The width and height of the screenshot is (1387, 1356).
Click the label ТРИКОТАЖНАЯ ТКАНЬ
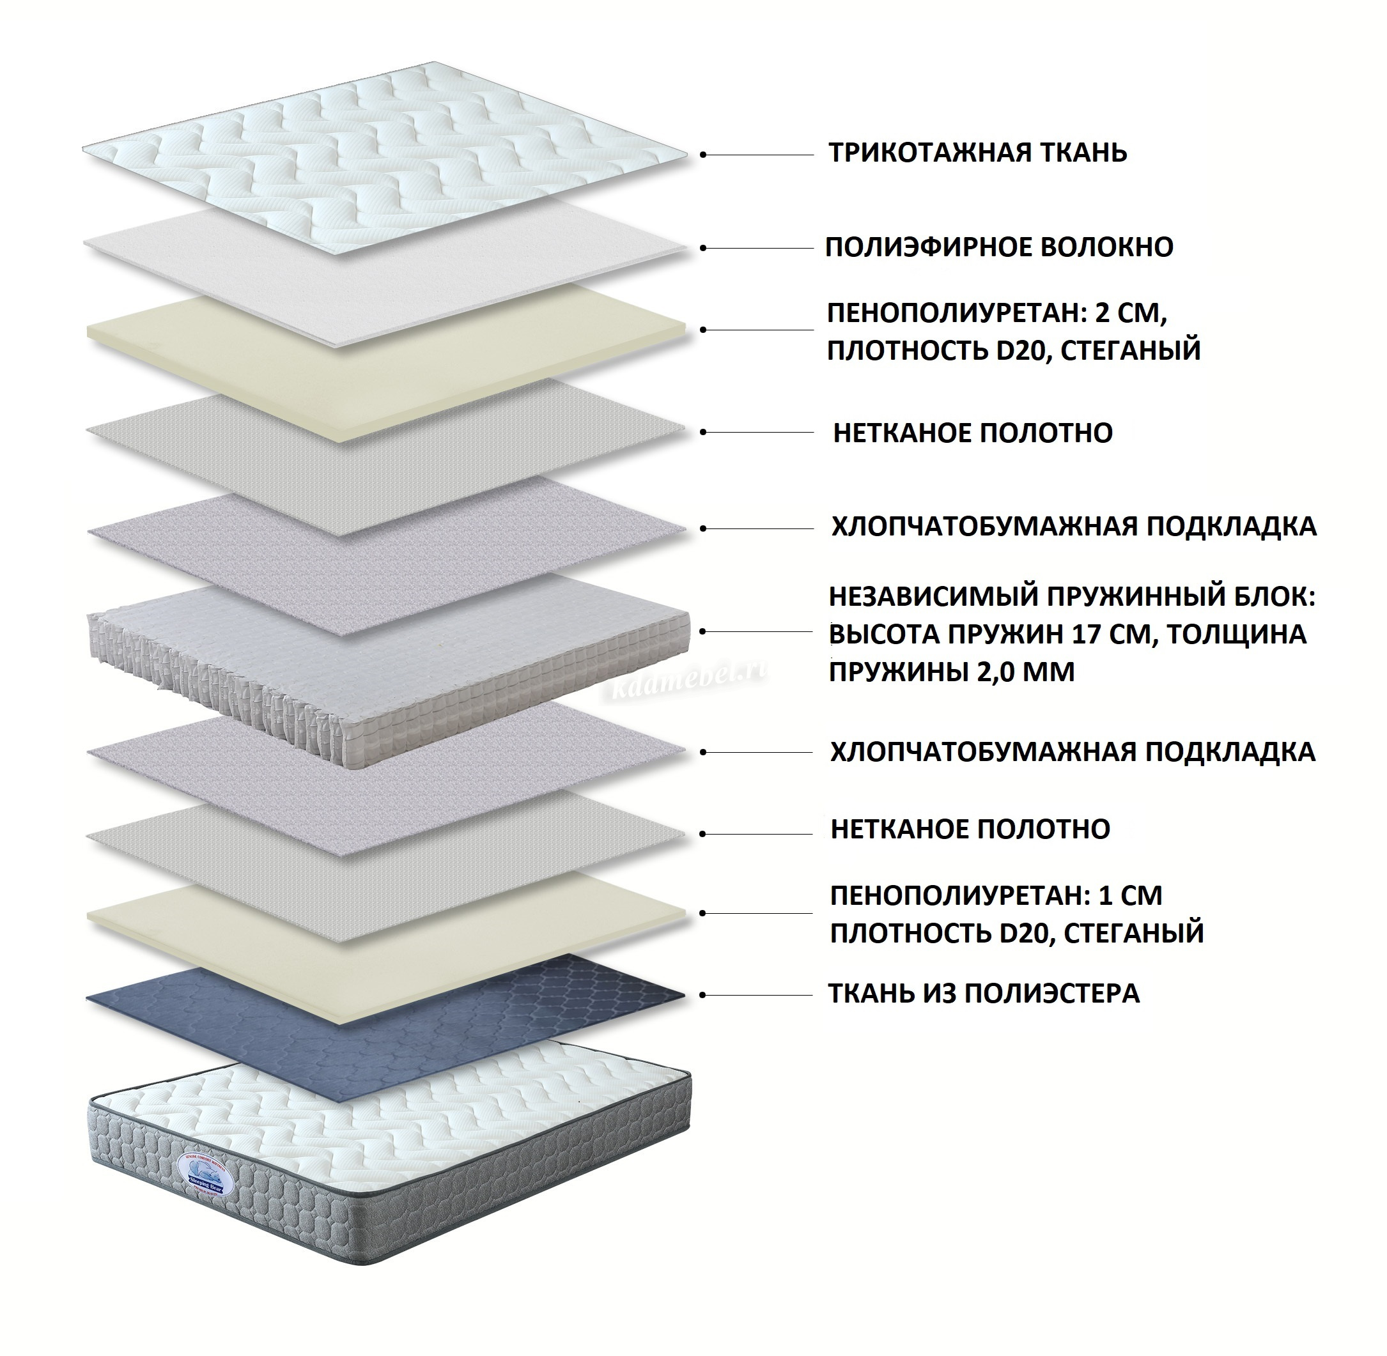click(977, 153)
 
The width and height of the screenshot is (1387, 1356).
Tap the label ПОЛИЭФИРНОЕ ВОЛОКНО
click(999, 247)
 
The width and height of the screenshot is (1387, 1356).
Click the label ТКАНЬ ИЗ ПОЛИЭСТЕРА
click(983, 993)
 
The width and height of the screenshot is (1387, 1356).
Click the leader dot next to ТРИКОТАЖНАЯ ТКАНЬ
click(703, 155)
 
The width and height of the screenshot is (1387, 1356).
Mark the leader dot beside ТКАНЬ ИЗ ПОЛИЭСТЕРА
click(703, 996)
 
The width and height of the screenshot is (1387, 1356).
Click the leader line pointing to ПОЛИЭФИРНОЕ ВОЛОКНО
click(759, 249)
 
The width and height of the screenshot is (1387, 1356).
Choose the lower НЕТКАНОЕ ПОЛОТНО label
click(970, 829)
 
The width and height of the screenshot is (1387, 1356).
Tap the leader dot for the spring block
click(703, 632)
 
